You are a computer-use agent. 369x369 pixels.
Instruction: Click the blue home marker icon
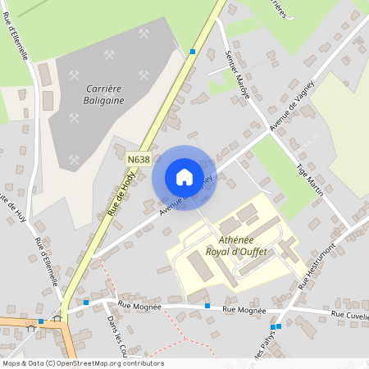(x=184, y=177)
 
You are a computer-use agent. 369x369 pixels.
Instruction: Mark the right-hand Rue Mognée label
(x=245, y=310)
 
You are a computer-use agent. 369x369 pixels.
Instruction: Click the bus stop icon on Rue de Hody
(x=193, y=52)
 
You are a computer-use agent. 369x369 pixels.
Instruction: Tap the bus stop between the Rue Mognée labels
(x=207, y=306)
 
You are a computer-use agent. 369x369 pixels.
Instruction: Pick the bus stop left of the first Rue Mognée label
(x=85, y=303)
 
